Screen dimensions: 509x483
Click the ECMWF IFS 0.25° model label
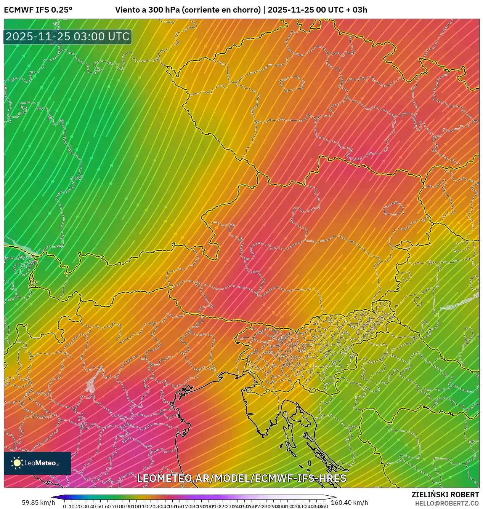(38, 10)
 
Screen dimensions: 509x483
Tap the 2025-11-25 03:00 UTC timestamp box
(67, 37)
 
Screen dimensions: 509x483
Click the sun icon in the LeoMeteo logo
(17, 463)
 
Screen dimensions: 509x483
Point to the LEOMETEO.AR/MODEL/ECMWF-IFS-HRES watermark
(241, 478)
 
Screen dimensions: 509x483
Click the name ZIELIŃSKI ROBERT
(445, 495)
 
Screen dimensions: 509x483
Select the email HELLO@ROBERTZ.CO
(446, 503)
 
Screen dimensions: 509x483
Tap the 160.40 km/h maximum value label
(349, 503)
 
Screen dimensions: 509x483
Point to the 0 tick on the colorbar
(64, 506)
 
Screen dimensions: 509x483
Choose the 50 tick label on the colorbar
(100, 506)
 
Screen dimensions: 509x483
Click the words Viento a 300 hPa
(147, 10)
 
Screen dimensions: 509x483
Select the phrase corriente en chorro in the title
(221, 10)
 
